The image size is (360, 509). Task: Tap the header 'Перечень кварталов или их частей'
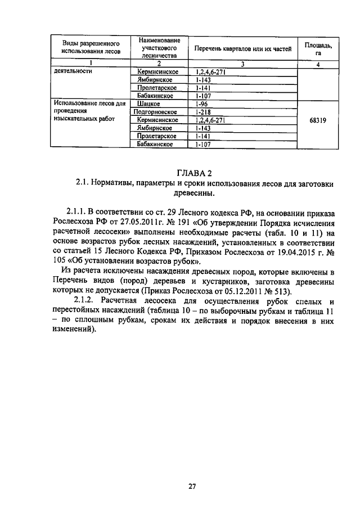click(243, 48)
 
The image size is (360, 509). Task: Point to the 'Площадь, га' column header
click(318, 48)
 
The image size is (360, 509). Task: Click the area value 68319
click(318, 120)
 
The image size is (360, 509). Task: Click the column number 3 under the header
click(242, 64)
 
